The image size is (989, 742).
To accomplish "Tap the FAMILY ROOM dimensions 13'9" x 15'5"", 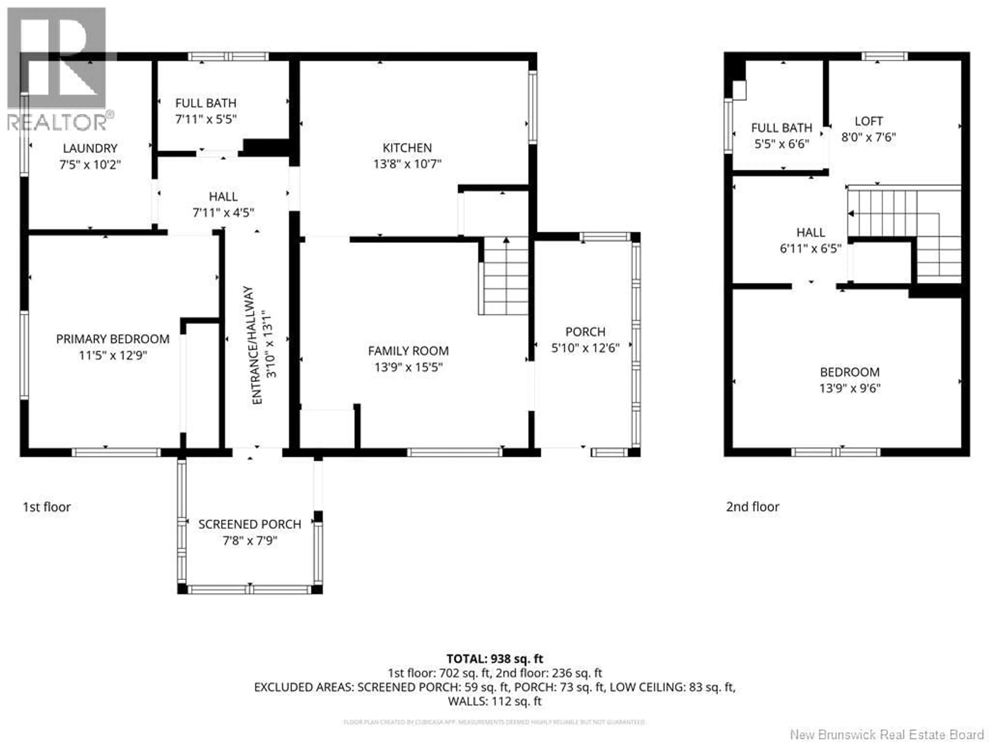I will (408, 367).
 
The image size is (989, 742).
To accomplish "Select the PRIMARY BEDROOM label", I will (113, 339).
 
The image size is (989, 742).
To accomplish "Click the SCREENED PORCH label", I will (250, 524).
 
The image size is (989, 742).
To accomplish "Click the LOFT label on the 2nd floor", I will (868, 121).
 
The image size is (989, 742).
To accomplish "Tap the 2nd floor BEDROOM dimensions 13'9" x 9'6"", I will (849, 388).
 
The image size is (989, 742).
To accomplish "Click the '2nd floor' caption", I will (753, 507).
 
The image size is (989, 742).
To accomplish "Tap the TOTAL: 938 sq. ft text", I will (494, 659).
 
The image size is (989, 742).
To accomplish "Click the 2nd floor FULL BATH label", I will (782, 128).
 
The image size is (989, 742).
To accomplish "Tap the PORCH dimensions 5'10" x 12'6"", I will (585, 348).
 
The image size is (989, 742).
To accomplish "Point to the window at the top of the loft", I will (884, 56).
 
